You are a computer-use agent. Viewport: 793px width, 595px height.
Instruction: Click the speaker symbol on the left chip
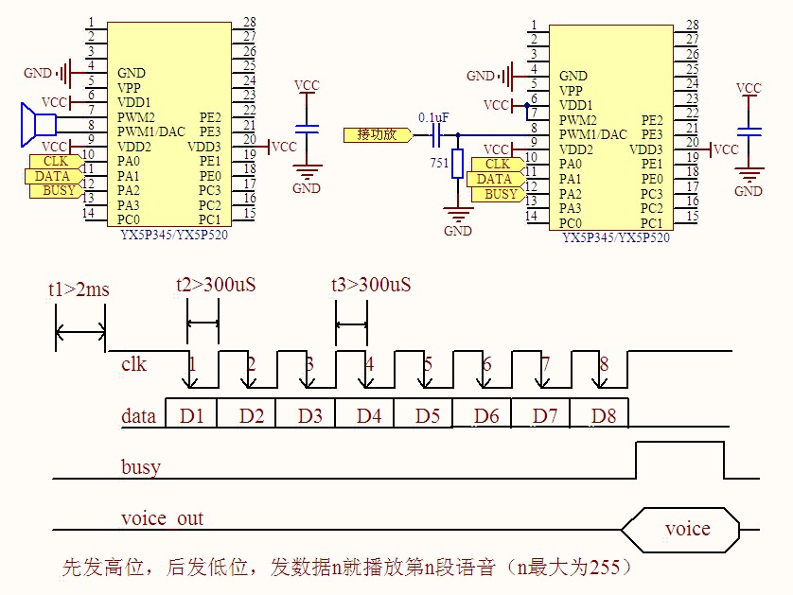pos(38,123)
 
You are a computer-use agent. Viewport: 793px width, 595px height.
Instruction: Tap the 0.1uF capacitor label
pos(433,117)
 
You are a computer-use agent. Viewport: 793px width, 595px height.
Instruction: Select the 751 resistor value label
pos(439,164)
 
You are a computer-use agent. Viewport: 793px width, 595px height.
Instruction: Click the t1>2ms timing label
pos(79,289)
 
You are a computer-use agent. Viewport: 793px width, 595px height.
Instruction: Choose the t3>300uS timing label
pos(371,285)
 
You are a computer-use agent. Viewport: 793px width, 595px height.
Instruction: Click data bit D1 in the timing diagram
pos(192,414)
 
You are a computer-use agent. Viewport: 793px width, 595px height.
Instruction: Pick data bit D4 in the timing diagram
pos(370,414)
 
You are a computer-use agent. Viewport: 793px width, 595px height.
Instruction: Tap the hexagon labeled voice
pos(687,529)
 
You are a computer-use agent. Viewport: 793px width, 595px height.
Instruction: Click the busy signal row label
pos(140,467)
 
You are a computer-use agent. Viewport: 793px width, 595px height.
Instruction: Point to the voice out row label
pos(162,518)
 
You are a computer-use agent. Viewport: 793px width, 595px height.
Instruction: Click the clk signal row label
pos(134,364)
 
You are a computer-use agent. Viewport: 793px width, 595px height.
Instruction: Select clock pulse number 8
pos(604,364)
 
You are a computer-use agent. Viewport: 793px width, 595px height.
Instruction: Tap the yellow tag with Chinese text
pos(377,135)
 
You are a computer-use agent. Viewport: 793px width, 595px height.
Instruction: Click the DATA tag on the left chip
pos(53,176)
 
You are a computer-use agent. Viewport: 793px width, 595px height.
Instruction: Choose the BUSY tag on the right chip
pos(502,194)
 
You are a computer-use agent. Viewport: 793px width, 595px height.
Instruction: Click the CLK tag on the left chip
pos(56,162)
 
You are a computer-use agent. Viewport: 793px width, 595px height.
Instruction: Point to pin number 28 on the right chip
pos(693,25)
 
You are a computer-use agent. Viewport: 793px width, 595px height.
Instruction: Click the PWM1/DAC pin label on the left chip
pos(151,131)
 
